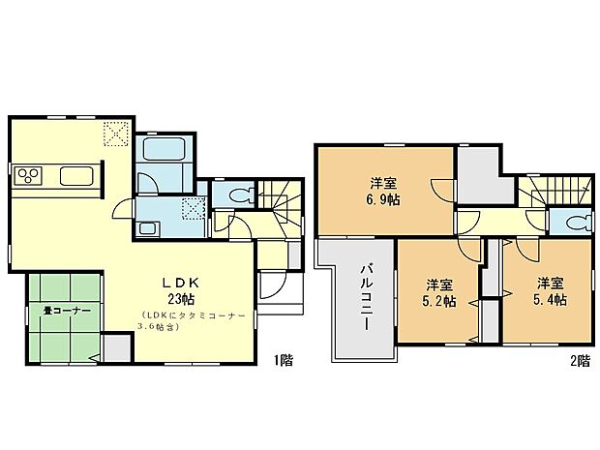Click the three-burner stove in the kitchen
[28, 176]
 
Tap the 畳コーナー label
[67, 312]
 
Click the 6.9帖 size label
[384, 199]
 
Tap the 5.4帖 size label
[550, 300]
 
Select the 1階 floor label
[283, 360]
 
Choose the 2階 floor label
[579, 360]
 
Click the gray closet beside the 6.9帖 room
[478, 175]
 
